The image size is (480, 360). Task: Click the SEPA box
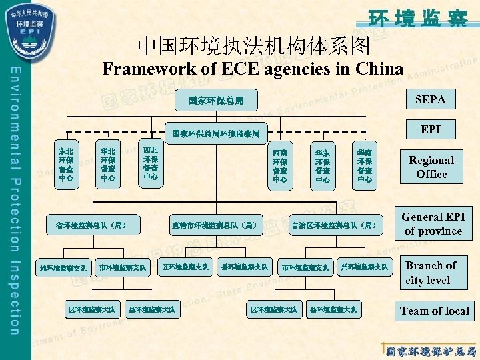coord(431,100)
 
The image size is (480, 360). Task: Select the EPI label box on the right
coord(431,129)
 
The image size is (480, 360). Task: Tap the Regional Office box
coord(431,167)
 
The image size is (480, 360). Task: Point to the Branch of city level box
coord(431,273)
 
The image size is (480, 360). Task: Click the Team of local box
coord(435,311)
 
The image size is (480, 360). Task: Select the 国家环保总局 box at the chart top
coord(215,102)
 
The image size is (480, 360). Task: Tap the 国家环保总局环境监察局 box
coord(215,133)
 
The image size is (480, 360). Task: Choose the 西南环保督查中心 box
coord(280,166)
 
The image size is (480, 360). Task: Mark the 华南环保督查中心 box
coord(365,166)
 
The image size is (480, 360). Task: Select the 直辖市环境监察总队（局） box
coord(214,225)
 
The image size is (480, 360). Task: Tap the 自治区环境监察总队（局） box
coord(337,225)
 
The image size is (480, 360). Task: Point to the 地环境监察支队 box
coord(63,268)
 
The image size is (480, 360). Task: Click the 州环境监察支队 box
coord(364,267)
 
